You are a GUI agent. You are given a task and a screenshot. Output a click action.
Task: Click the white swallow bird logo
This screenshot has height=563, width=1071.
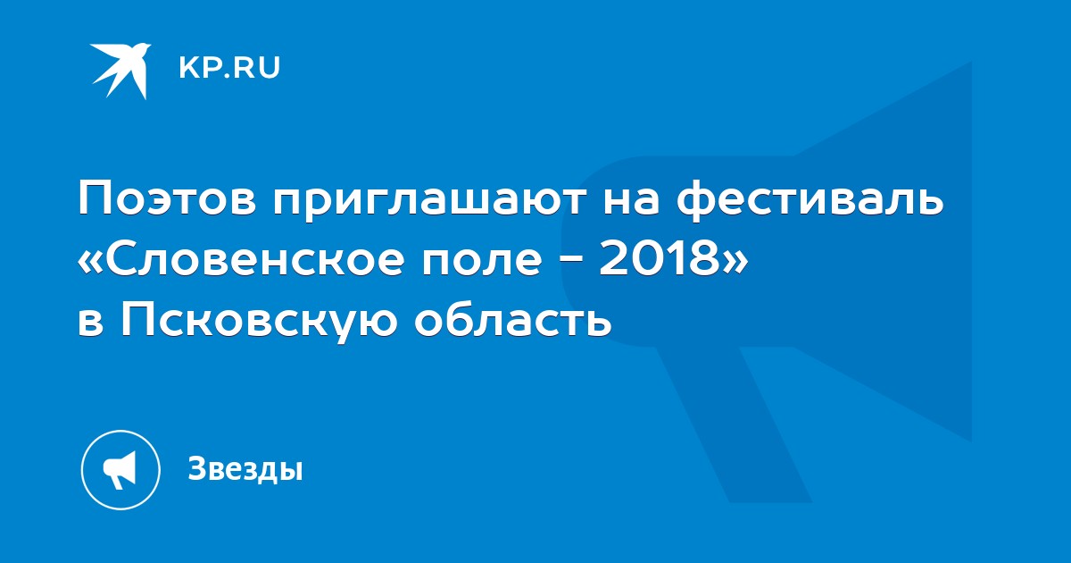pyautogui.click(x=120, y=71)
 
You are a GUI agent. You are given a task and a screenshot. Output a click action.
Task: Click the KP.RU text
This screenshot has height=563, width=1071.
pyautogui.click(x=229, y=68)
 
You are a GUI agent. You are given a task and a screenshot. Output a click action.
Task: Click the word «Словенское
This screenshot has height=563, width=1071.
pyautogui.click(x=240, y=261)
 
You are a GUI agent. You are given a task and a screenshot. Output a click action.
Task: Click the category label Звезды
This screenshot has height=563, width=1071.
pyautogui.click(x=245, y=468)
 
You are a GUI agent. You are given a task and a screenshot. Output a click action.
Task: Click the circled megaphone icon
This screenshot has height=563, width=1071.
pyautogui.click(x=120, y=470)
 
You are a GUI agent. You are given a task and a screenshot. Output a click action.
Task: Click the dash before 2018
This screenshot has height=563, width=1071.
pyautogui.click(x=571, y=262)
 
